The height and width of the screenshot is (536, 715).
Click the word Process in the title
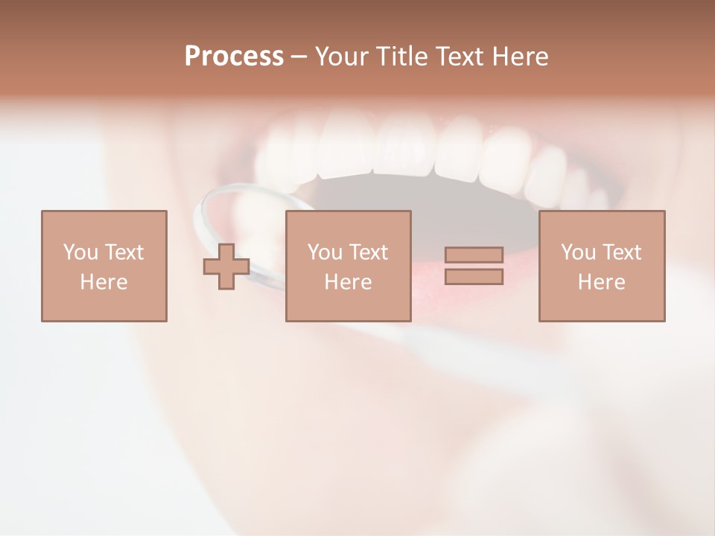pyautogui.click(x=234, y=57)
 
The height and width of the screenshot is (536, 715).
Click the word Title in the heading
pyautogui.click(x=403, y=57)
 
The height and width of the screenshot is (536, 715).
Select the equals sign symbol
pyautogui.click(x=474, y=266)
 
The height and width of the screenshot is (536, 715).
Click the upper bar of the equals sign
pyautogui.click(x=474, y=255)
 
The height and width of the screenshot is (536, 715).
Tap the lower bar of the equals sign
pyautogui.click(x=474, y=276)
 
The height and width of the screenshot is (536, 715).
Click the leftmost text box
pyautogui.click(x=104, y=266)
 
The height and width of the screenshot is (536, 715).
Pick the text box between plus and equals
pyautogui.click(x=348, y=266)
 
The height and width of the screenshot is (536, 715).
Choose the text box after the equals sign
pyautogui.click(x=602, y=266)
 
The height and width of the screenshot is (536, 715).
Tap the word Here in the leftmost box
pyautogui.click(x=104, y=282)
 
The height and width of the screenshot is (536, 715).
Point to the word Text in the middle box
pyautogui.click(x=369, y=252)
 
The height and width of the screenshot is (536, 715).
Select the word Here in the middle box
pyautogui.click(x=348, y=282)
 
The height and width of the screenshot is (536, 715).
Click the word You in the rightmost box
pyautogui.click(x=579, y=252)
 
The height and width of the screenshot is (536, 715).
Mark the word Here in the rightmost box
pyautogui.click(x=602, y=282)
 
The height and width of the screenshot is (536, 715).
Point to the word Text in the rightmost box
pyautogui.click(x=623, y=252)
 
